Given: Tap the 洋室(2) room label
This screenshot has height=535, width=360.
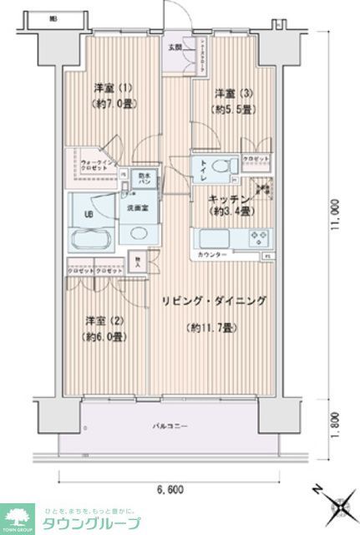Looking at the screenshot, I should [x=98, y=320].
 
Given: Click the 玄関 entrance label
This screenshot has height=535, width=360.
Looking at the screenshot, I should [x=175, y=47].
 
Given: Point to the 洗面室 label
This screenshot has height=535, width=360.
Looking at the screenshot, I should [x=137, y=206].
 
